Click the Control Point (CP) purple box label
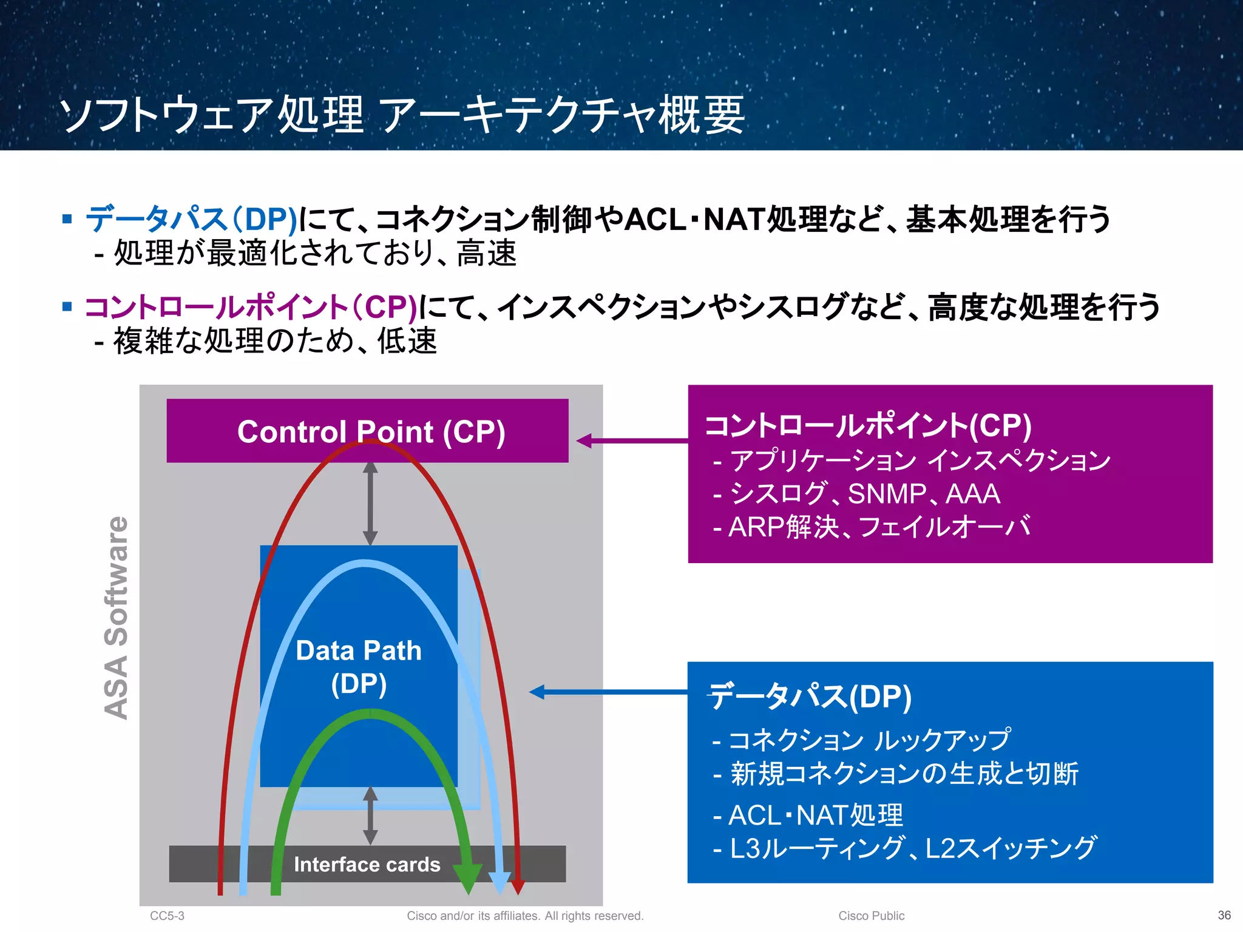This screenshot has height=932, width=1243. [x=371, y=432]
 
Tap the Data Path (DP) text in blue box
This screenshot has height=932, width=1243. [x=359, y=666]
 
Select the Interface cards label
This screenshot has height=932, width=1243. [x=367, y=864]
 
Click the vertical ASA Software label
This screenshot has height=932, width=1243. [x=116, y=618]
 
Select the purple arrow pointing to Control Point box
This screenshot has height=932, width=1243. [x=631, y=441]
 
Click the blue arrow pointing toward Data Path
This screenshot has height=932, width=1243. [x=607, y=692]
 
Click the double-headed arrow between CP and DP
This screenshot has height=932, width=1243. [x=370, y=504]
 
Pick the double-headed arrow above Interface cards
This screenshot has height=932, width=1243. [x=370, y=816]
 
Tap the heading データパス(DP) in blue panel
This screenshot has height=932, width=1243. [x=810, y=696]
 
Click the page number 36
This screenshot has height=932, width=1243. [x=1224, y=915]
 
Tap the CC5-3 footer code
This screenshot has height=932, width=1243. [x=167, y=916]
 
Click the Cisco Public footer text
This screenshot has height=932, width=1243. [x=871, y=916]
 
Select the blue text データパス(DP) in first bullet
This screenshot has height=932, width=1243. [x=191, y=219]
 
